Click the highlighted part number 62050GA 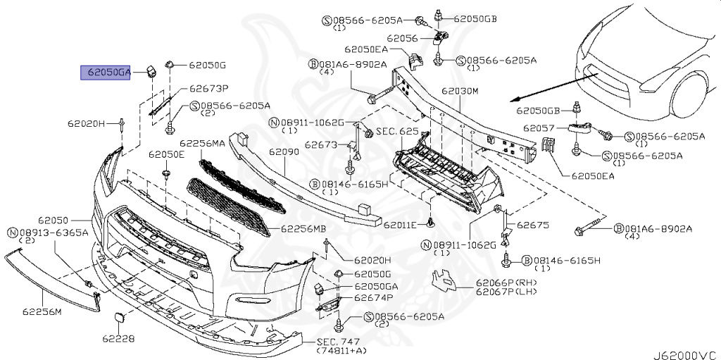click(106, 72)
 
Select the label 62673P click(210, 89)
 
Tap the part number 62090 click(283, 151)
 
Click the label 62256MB click(303, 229)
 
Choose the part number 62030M click(460, 92)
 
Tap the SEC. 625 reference click(398, 132)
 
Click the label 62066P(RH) click(507, 283)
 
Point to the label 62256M click(42, 311)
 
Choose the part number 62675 click(532, 226)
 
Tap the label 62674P click(372, 298)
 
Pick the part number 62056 click(402, 38)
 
